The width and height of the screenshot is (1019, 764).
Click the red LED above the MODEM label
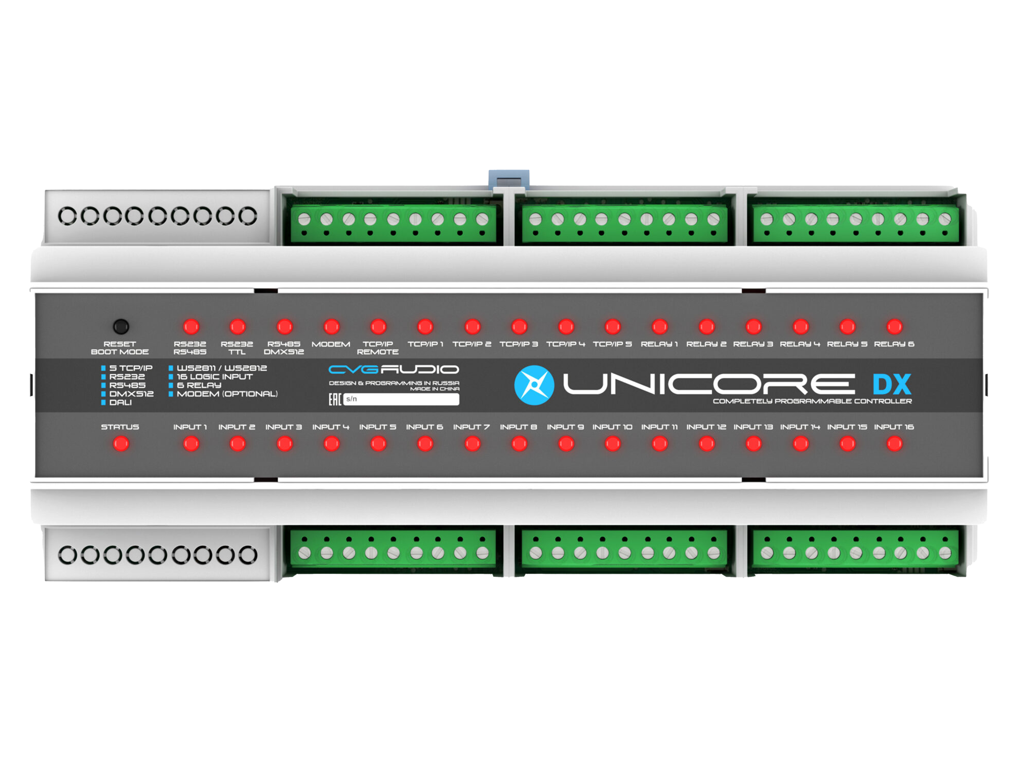point(331,327)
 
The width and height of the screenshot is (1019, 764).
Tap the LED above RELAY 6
point(894,327)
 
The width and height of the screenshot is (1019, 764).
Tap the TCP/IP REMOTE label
point(378,348)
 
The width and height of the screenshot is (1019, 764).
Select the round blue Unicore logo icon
point(534,385)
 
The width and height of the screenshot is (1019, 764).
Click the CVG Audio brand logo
point(393,369)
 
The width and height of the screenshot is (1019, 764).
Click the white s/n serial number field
point(401,399)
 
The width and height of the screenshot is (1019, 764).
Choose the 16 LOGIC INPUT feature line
point(215,377)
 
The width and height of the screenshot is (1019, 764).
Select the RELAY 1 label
point(659,344)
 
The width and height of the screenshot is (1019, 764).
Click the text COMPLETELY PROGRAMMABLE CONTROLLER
point(812,401)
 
